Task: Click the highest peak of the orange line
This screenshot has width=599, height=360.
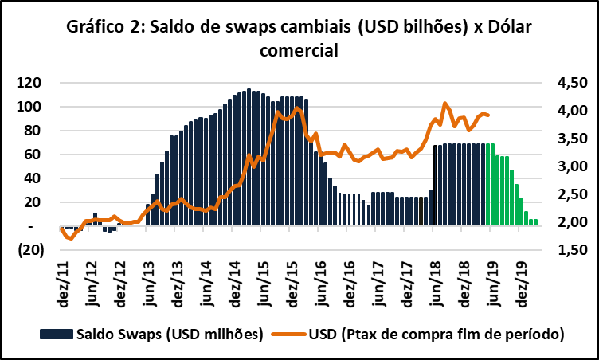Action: point(444,104)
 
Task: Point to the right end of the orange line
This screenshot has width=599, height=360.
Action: point(487,115)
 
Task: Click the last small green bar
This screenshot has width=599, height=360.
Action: point(535,222)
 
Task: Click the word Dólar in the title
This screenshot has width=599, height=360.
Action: point(495,28)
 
